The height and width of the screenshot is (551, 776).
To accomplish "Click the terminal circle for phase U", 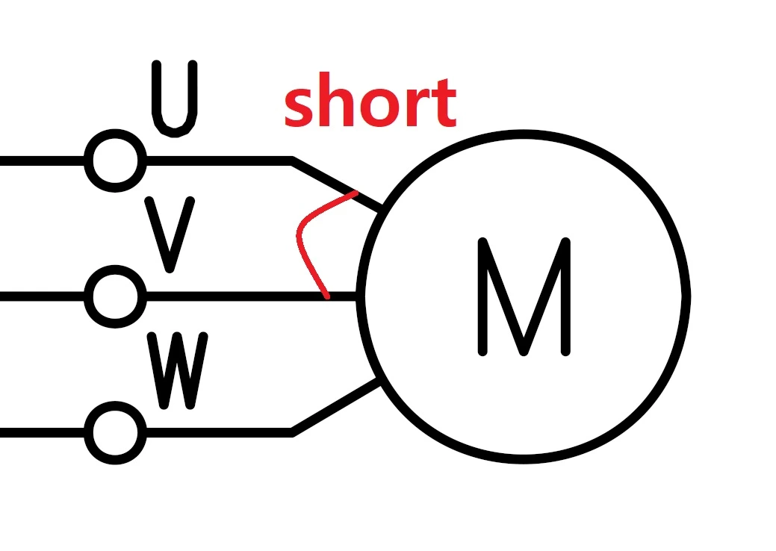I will pyautogui.click(x=115, y=161).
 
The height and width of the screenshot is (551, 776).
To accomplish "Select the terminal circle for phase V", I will pyautogui.click(x=115, y=296).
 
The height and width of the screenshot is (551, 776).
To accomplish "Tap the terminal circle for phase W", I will pyautogui.click(x=115, y=432).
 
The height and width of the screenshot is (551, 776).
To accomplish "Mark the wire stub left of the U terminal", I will pyautogui.click(x=41, y=161).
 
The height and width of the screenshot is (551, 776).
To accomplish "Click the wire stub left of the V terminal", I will pyautogui.click(x=41, y=296).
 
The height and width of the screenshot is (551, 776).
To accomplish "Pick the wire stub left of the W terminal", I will pyautogui.click(x=41, y=432).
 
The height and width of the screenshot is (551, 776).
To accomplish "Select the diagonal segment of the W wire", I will pyautogui.click(x=336, y=407).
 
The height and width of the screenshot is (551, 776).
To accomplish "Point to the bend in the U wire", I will pyautogui.click(x=292, y=161).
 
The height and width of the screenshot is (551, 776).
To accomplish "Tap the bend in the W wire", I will pyautogui.click(x=292, y=432).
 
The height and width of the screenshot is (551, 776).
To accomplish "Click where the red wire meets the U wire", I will pyautogui.click(x=354, y=193).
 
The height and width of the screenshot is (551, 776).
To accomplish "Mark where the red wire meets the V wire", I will pyautogui.click(x=326, y=296).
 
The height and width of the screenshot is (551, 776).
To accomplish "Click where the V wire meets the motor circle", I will pyautogui.click(x=361, y=296).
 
